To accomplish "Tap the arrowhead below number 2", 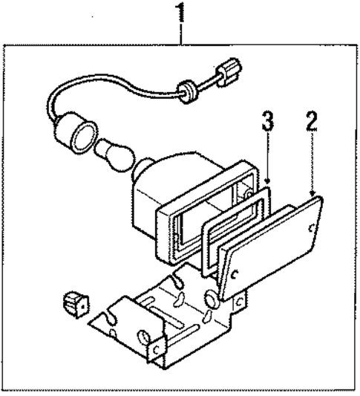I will click(x=315, y=195).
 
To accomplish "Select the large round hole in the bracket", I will click(x=211, y=298).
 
